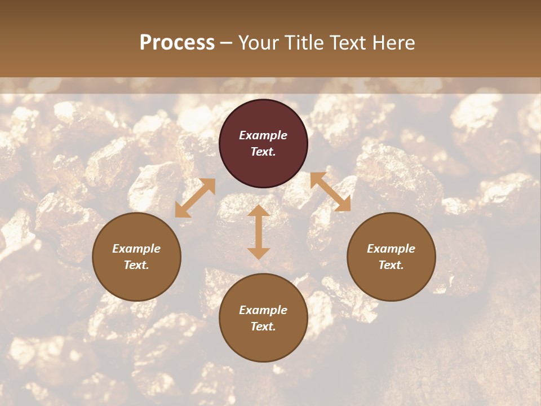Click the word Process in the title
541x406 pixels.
click(177, 43)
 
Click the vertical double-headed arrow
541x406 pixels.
click(259, 232)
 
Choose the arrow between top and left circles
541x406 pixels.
click(195, 198)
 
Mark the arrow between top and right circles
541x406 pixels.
click(330, 192)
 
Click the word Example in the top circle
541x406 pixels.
click(263, 135)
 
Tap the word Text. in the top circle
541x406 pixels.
click(263, 152)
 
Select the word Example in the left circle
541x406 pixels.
click(136, 249)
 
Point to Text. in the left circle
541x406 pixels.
click(136, 265)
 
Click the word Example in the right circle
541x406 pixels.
click(391, 249)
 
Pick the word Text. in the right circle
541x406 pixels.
click(391, 265)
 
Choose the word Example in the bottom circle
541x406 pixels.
click(263, 310)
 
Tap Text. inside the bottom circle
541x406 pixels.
click(263, 326)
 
